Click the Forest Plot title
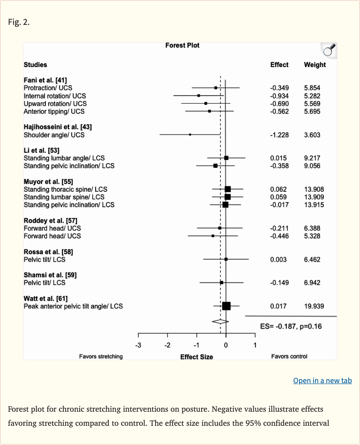tap(182, 45)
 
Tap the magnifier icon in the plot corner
tap(329, 50)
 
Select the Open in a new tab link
tap(322, 380)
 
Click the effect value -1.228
tap(279, 135)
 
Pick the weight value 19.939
tap(314, 306)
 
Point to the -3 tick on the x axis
tap(138, 346)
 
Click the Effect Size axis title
tap(196, 357)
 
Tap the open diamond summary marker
tap(220, 321)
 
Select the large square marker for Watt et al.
tap(226, 306)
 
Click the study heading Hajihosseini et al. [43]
tap(57, 127)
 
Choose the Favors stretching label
tap(101, 356)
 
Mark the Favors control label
tap(289, 356)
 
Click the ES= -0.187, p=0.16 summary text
tap(291, 326)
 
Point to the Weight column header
tap(315, 65)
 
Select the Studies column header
tap(35, 65)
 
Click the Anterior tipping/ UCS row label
tap(54, 112)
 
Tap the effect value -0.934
tap(279, 96)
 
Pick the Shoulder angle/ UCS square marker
tap(190, 135)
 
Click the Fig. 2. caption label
tap(19, 22)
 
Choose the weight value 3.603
tap(312, 135)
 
